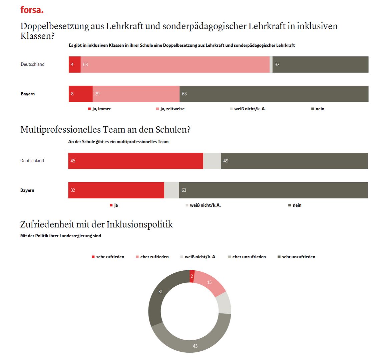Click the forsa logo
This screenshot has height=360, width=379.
point(32,10)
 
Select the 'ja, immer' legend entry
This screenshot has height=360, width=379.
point(99,109)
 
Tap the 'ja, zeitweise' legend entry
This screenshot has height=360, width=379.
point(170,109)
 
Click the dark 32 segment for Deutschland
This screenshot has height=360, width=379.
point(320,65)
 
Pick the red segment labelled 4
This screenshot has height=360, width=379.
point(75,65)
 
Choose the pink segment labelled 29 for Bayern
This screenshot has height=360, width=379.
point(136,94)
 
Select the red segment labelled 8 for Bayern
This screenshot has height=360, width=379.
point(81,94)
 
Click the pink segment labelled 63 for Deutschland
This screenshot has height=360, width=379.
point(175,65)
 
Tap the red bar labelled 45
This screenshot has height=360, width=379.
point(135,161)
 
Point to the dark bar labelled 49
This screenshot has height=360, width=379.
point(294,161)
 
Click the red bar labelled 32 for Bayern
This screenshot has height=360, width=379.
point(116,190)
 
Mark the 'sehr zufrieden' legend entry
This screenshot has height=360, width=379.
point(108,257)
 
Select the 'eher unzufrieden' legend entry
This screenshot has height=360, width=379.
point(247,257)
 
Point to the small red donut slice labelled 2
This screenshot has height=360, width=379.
point(192,276)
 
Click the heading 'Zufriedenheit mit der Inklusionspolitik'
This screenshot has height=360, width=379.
point(96,224)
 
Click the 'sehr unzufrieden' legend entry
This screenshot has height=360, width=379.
point(296,257)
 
